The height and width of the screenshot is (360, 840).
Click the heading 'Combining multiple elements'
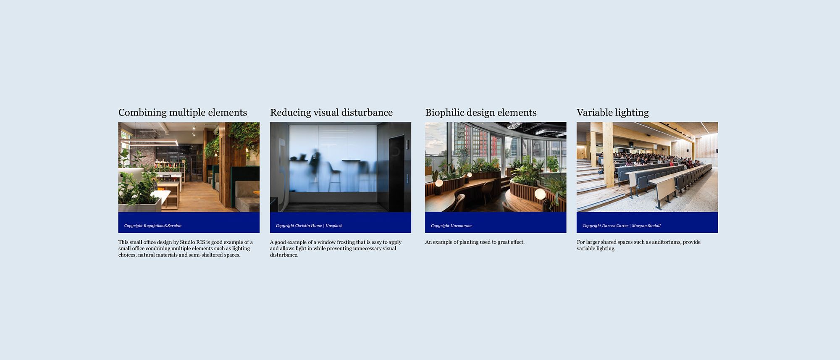183,113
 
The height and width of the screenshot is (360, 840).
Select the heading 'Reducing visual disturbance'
331,113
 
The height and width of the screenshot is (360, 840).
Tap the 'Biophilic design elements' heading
481,113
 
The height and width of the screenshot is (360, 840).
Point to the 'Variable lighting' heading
613,113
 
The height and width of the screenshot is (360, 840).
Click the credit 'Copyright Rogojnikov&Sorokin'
153,226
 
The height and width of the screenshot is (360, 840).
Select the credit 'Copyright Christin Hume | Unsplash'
309,226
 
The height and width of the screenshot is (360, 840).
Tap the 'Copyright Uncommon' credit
451,226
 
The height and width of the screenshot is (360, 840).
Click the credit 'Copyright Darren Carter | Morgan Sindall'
622,226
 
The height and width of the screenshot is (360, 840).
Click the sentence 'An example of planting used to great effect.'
475,242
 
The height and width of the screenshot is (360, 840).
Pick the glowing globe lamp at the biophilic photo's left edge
439,183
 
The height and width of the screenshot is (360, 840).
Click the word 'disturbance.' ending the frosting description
284,255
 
